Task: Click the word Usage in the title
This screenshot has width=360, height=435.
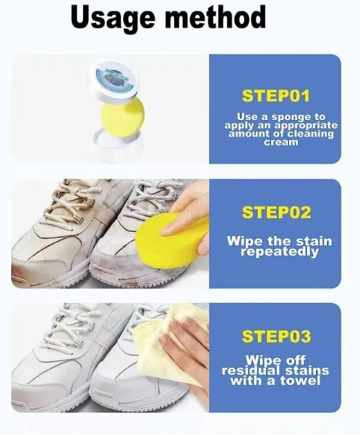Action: coord(113,18)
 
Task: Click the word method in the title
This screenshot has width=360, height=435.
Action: coord(216,16)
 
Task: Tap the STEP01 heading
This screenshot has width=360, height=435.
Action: coord(276,96)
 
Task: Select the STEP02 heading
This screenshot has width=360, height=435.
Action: coord(276,213)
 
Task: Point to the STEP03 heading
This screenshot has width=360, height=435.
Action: coord(276,336)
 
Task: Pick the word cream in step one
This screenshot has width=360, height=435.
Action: coord(281,143)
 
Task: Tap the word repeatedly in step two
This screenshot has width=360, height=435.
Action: coord(279,252)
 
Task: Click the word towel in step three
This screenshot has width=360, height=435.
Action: coord(300,380)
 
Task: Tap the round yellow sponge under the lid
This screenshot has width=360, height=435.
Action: coord(123,114)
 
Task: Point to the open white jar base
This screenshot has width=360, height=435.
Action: coord(119,145)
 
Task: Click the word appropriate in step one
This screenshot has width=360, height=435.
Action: coord(305,126)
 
